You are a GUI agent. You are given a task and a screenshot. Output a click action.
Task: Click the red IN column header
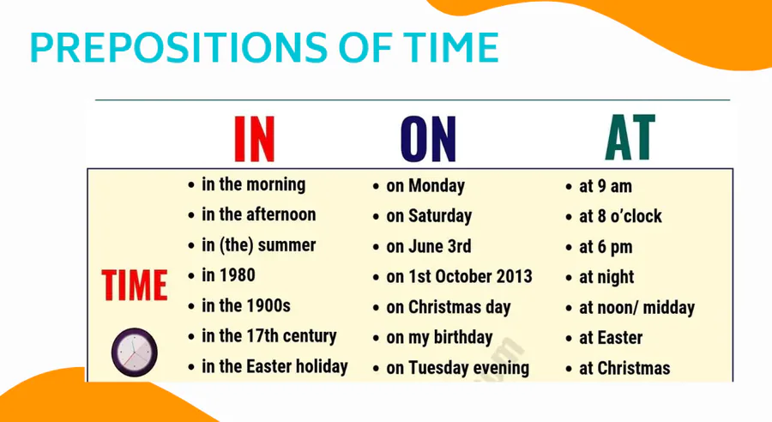(254, 139)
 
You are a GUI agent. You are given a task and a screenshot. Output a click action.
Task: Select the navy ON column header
(428, 139)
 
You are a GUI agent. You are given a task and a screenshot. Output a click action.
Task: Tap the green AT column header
(630, 138)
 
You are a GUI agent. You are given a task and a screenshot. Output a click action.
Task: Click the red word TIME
(135, 285)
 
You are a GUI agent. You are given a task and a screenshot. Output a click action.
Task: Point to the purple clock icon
(135, 352)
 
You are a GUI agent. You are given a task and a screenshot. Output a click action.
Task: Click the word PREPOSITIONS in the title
(178, 47)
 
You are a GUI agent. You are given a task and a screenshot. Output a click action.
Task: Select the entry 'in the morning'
(254, 184)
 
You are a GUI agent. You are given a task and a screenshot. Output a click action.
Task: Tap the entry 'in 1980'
(228, 275)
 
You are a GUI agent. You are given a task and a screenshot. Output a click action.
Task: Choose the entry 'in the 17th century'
(269, 336)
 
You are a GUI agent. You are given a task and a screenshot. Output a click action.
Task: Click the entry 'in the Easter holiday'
(274, 367)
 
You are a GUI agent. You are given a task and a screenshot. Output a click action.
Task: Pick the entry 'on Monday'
(425, 186)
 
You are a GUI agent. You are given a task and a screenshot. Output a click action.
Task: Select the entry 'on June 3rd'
(429, 246)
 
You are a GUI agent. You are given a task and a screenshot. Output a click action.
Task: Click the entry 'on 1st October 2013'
(460, 277)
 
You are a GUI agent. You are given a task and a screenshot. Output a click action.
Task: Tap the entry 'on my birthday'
(440, 338)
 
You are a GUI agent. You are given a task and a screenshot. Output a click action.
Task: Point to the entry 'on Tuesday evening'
(458, 368)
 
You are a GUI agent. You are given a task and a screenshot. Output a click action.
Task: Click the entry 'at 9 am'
(606, 187)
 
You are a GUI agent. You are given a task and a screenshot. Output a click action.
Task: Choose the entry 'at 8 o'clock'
(620, 217)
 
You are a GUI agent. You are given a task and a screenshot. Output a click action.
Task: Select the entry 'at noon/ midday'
(637, 308)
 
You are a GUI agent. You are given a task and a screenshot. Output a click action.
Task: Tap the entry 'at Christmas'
(624, 368)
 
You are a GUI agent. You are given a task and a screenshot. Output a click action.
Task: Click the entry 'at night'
(606, 278)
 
